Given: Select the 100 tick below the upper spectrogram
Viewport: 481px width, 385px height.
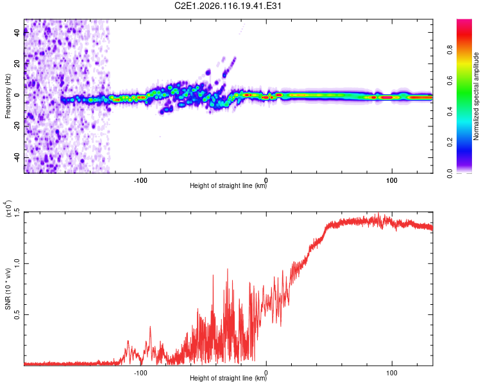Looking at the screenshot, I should [391, 180].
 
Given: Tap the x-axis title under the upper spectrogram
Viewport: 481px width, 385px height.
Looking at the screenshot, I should [228, 187].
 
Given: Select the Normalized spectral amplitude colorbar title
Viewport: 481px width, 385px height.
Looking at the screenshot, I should [477, 96].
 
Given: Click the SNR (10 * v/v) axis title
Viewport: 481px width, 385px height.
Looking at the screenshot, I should [8, 289].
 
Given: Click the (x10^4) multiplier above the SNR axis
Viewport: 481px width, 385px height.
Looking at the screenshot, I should [8, 209].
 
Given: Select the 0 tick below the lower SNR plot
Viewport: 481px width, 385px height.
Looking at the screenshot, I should [266, 372].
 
